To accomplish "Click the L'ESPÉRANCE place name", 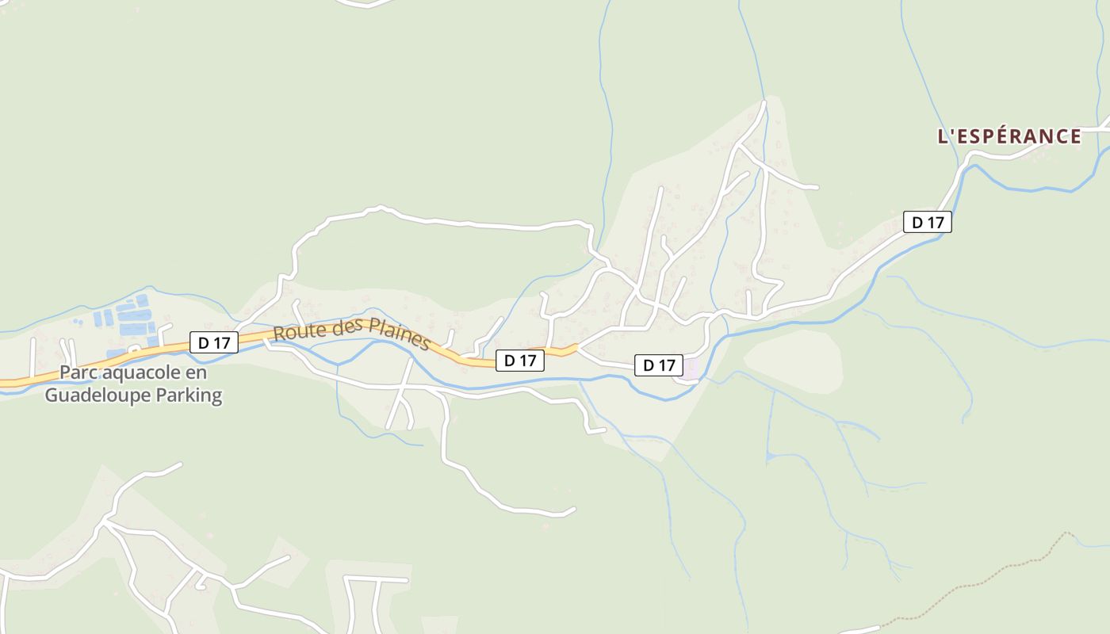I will [1009, 136].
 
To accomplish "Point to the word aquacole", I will [139, 373].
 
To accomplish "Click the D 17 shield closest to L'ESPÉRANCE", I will [927, 222].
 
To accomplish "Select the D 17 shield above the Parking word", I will [214, 343].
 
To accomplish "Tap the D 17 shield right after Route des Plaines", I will [520, 361].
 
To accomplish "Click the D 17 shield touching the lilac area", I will [659, 365].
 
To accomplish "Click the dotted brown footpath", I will [991, 575].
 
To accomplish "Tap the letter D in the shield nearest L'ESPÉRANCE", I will [917, 222].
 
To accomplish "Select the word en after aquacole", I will [196, 373].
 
